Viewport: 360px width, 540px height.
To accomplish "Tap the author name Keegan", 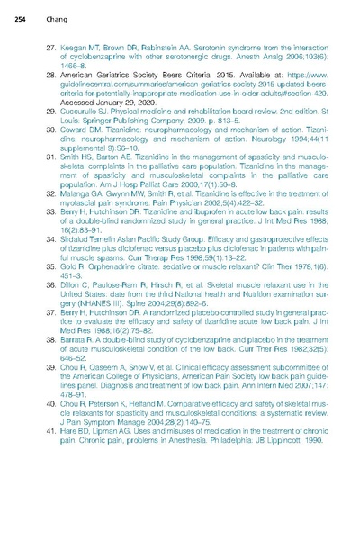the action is tap(72, 43).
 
